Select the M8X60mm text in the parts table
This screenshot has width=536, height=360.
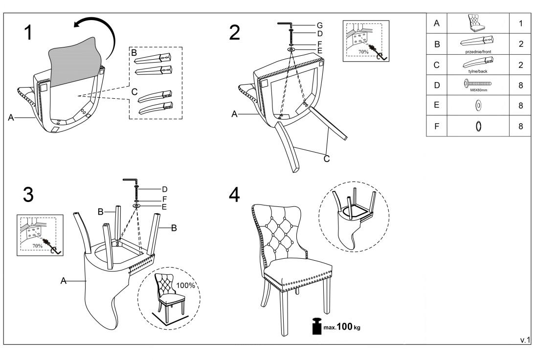[478, 90]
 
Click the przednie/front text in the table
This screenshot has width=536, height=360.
[478, 50]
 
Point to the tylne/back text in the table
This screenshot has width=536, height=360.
[478, 70]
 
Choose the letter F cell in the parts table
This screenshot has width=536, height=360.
[437, 126]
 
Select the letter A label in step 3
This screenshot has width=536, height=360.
[64, 281]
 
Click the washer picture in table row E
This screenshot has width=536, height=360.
[478, 105]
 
